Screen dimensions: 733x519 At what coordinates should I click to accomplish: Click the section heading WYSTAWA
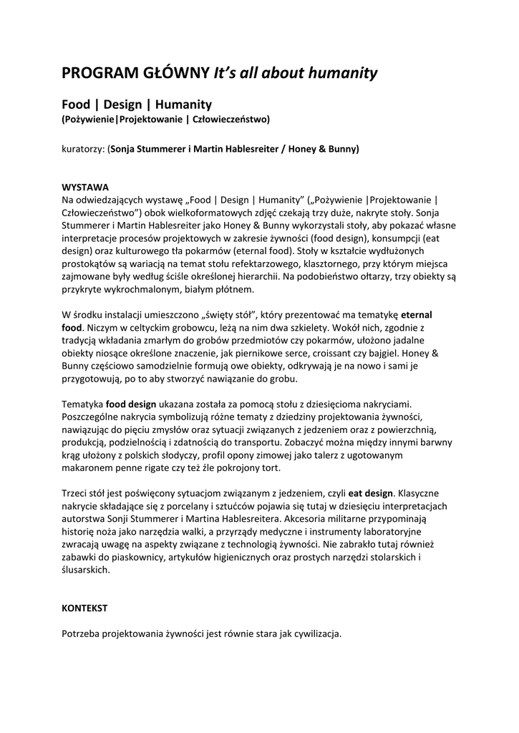coord(85,186)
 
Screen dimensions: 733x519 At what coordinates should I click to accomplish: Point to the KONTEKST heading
coord(84,608)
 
